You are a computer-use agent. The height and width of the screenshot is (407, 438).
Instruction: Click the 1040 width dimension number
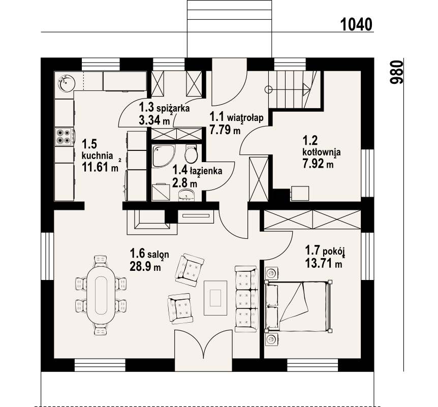356,24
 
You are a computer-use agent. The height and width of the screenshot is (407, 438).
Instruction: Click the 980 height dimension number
397,72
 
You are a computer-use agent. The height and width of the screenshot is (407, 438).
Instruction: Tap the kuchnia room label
97,155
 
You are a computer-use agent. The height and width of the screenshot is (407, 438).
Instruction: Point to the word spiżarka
173,108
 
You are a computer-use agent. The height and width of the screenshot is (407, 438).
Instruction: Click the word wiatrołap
245,117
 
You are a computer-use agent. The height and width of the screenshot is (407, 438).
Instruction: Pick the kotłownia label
322,152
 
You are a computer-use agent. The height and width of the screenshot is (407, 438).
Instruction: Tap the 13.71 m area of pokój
324,263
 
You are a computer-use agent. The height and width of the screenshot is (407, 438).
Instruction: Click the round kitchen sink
67,82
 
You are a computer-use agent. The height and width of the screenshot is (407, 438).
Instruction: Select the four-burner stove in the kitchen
64,137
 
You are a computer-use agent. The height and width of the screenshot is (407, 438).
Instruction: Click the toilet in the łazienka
192,154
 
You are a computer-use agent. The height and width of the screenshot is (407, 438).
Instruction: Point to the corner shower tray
164,156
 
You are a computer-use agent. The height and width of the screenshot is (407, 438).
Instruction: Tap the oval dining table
101,295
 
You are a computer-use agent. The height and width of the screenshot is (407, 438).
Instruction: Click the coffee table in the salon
215,298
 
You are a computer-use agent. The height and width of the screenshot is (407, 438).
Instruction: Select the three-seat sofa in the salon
246,299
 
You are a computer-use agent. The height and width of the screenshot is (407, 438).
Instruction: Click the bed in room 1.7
298,306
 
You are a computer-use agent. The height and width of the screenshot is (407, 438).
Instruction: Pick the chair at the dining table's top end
101,261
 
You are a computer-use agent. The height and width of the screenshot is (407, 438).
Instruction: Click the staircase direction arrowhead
307,89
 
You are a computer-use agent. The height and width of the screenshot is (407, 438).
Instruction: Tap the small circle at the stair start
268,89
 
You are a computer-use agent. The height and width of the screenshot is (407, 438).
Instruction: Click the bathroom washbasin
186,195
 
